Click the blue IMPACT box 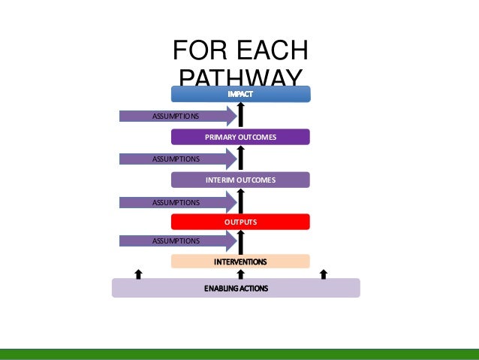(x=240, y=94)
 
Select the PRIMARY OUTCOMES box (x=240, y=138)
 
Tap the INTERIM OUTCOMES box (x=240, y=180)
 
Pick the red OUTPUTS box (x=240, y=222)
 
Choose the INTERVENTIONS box (x=240, y=262)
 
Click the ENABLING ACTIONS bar (x=236, y=288)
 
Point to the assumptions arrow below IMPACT (x=177, y=116)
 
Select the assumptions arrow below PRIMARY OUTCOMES (x=177, y=159)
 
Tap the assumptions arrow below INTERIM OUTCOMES (x=177, y=202)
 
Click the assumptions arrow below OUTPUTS (x=177, y=241)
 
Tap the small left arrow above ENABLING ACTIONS (x=138, y=274)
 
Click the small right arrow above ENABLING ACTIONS (x=324, y=274)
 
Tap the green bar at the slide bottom (x=239, y=354)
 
